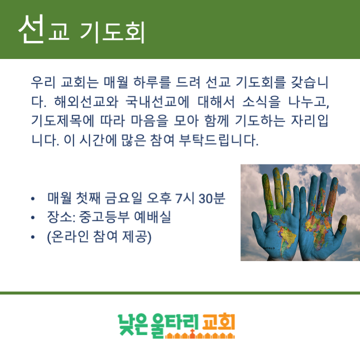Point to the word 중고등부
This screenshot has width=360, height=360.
[x=105, y=217]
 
